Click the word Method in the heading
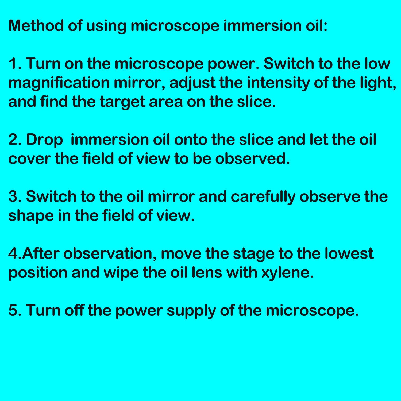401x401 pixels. tap(36, 26)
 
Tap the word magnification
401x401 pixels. tap(59, 83)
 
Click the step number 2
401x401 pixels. tap(15, 140)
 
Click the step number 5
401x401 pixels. tap(15, 311)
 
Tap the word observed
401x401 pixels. tap(252, 159)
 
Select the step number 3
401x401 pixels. tap(15, 197)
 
